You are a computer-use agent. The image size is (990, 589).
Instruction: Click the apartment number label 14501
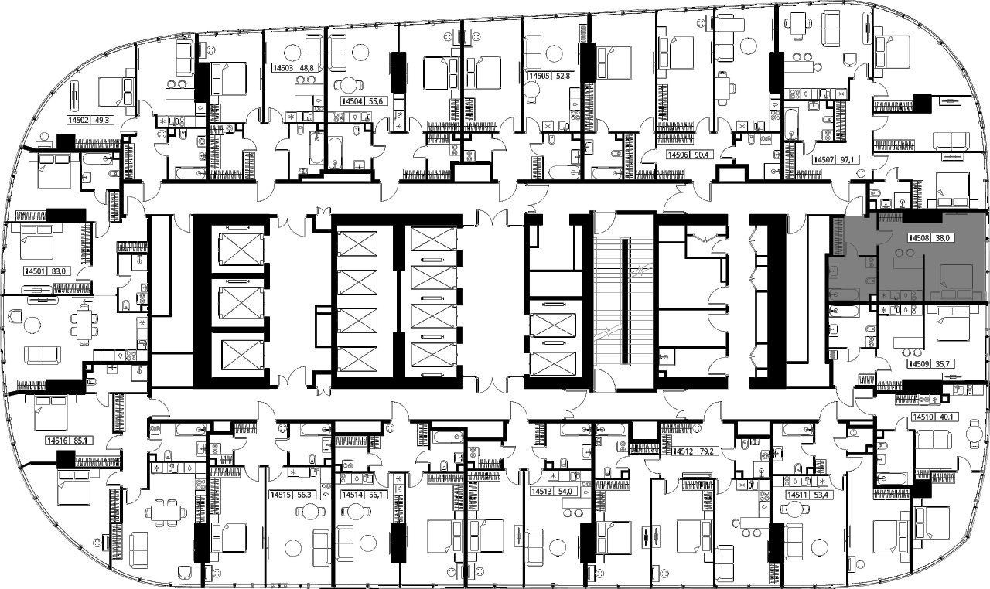(36, 271)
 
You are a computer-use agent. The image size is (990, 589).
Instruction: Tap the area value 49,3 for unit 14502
(101, 120)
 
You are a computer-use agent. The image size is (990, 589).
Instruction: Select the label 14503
(283, 69)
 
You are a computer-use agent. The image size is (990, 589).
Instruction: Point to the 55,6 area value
(375, 101)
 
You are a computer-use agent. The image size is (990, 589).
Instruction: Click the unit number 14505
(539, 76)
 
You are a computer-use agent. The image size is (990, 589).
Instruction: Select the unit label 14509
(919, 364)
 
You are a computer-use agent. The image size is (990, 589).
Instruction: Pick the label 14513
(542, 492)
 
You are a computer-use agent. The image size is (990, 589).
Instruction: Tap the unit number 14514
(352, 495)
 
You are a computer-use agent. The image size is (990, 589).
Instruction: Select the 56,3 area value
(304, 495)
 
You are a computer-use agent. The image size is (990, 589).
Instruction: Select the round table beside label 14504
(349, 86)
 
